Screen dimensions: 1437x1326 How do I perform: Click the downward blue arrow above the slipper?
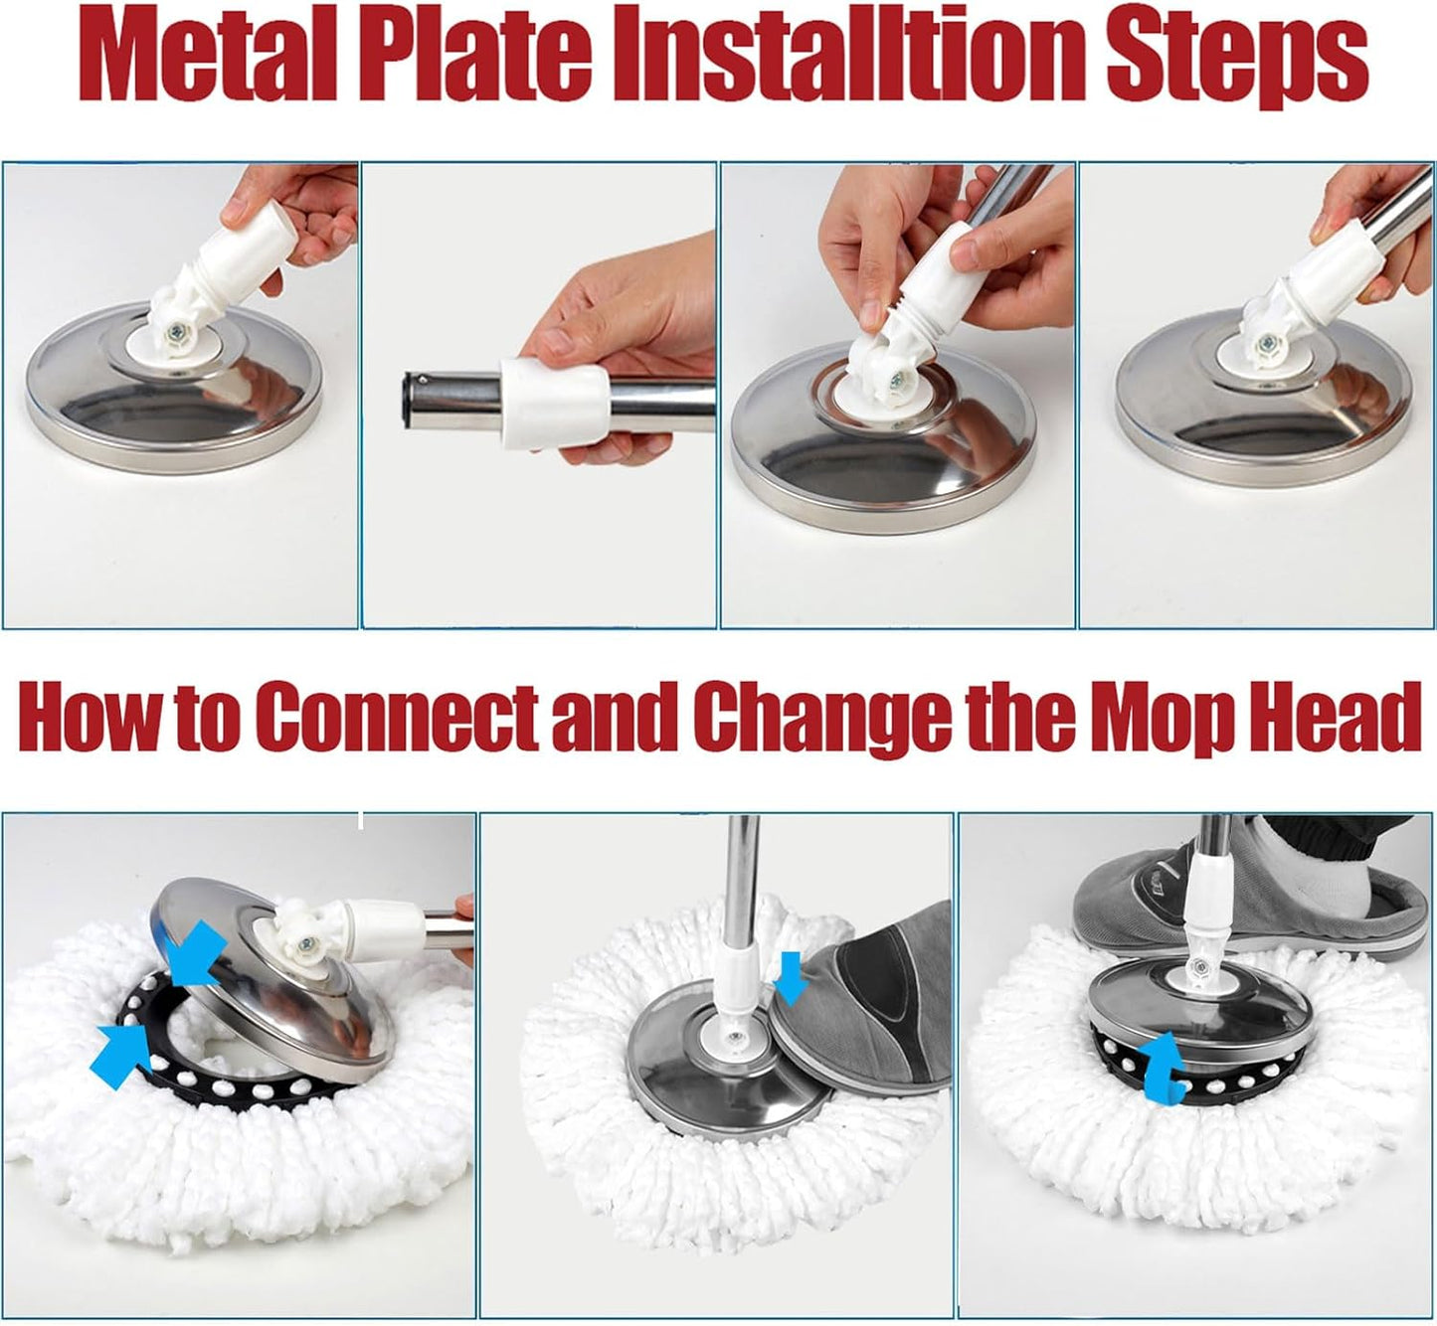pos(791,977)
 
